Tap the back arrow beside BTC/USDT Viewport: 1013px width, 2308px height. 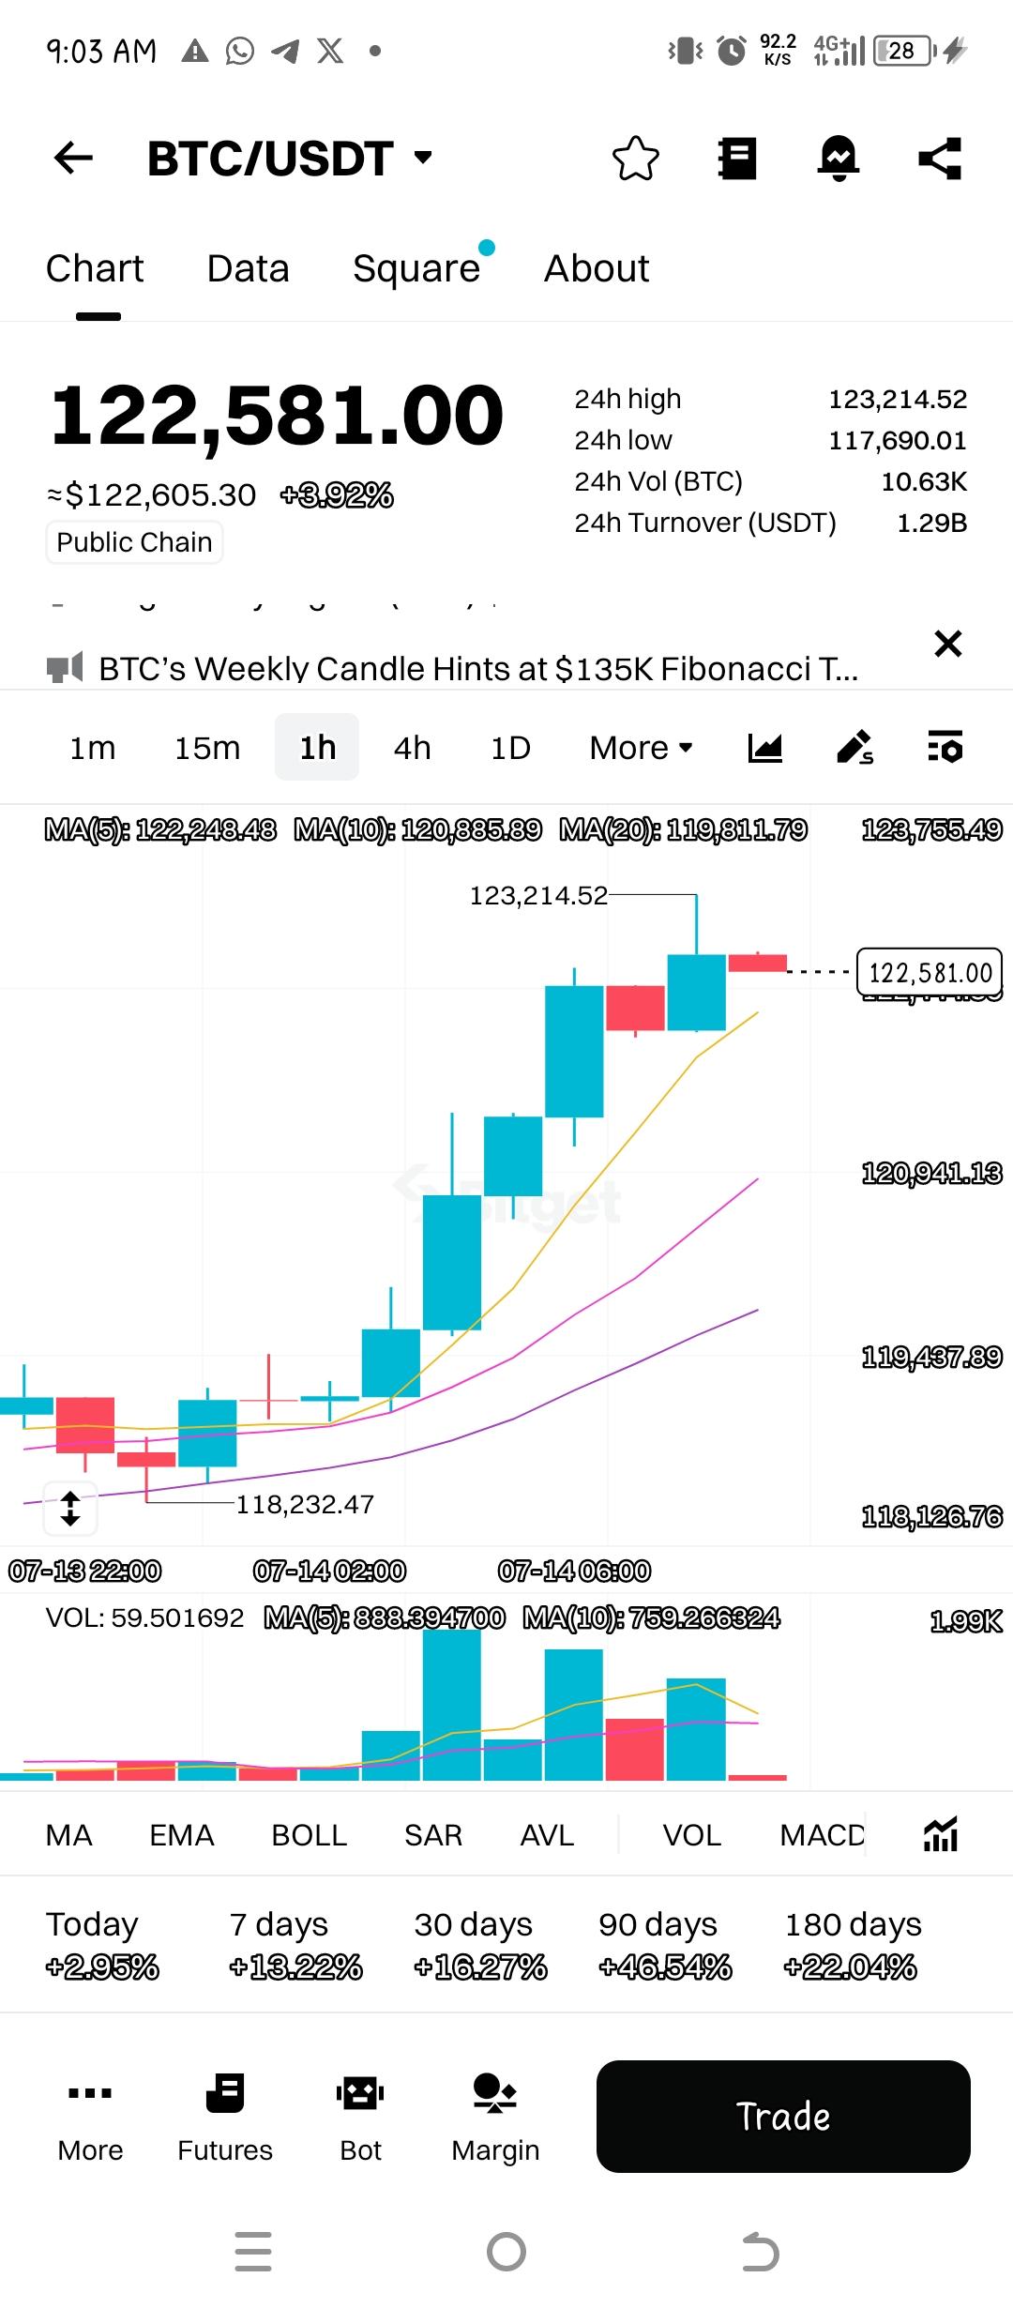point(73,158)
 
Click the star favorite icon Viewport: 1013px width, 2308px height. point(636,158)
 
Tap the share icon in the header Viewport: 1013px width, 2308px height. point(940,158)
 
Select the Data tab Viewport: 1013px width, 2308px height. point(248,269)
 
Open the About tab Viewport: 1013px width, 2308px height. point(597,269)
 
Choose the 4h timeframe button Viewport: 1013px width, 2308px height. point(412,748)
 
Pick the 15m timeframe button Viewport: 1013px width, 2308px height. point(207,748)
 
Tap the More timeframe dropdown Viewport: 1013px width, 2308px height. point(641,748)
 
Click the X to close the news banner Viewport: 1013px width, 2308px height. point(948,644)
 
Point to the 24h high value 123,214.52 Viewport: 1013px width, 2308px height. point(897,400)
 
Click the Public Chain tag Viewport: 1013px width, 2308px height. point(134,542)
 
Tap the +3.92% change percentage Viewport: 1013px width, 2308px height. point(337,495)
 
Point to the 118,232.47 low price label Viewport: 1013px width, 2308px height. point(305,1505)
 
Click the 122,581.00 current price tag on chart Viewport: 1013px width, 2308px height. point(930,973)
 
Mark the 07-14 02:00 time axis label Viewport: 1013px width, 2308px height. point(329,1571)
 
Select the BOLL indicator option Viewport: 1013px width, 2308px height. point(309,1835)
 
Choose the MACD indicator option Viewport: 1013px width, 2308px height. point(822,1835)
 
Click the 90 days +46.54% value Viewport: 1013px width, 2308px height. point(665,1967)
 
